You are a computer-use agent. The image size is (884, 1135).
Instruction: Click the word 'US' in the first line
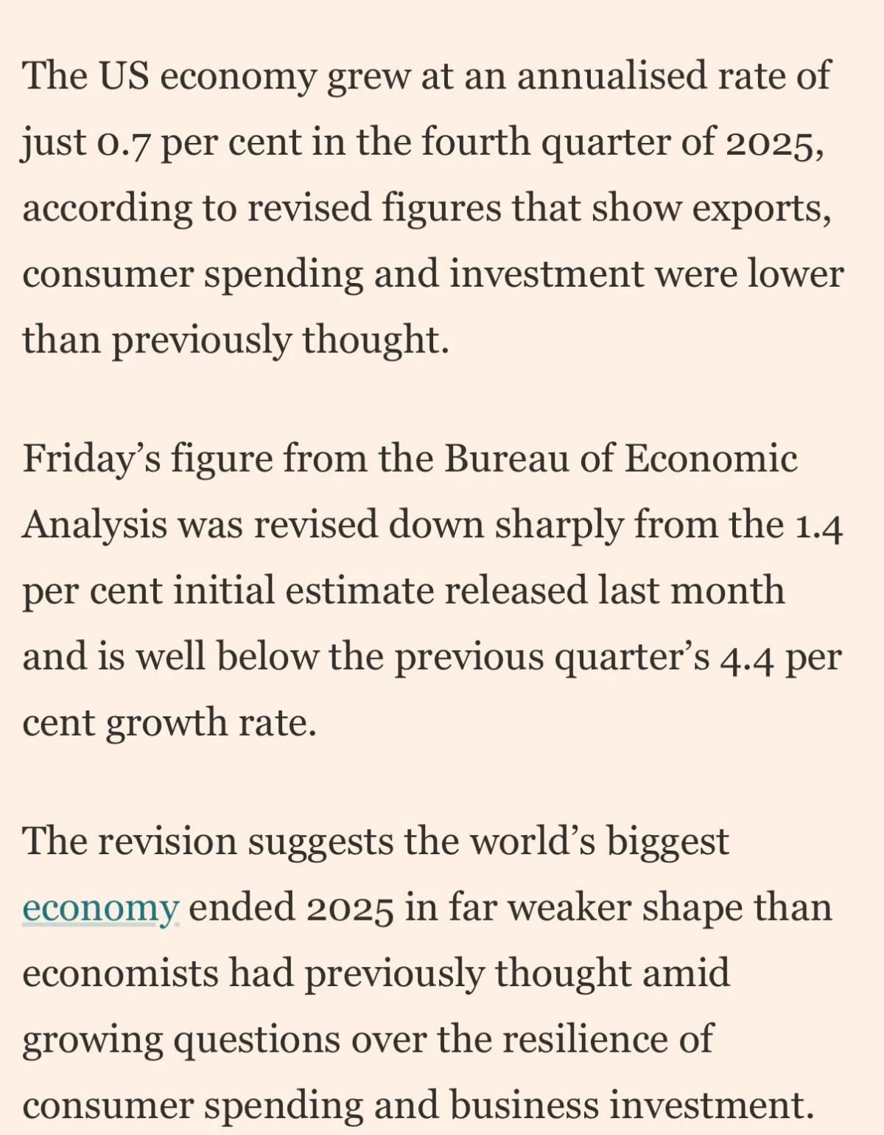122,75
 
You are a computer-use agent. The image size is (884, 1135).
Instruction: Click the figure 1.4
819,525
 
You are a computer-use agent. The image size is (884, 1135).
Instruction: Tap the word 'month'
726,590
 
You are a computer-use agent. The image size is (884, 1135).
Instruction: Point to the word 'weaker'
569,907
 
